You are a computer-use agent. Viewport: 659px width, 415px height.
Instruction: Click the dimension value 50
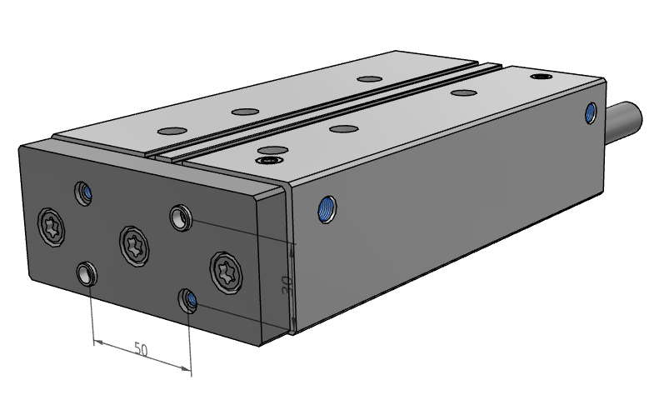pyautogui.click(x=142, y=349)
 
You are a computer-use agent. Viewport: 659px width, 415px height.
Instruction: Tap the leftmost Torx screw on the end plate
pyautogui.click(x=52, y=227)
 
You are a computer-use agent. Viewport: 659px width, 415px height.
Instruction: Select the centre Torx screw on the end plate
pyautogui.click(x=134, y=246)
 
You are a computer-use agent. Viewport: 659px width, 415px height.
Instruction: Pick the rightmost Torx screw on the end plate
pyautogui.click(x=227, y=272)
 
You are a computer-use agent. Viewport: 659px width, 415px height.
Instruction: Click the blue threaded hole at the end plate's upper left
pyautogui.click(x=83, y=193)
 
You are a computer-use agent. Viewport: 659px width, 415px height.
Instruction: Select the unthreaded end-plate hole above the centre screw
pyautogui.click(x=181, y=217)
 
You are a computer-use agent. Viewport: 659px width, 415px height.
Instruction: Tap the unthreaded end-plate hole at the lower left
pyautogui.click(x=87, y=273)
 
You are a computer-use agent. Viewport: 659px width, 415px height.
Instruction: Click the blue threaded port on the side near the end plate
pyautogui.click(x=327, y=209)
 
